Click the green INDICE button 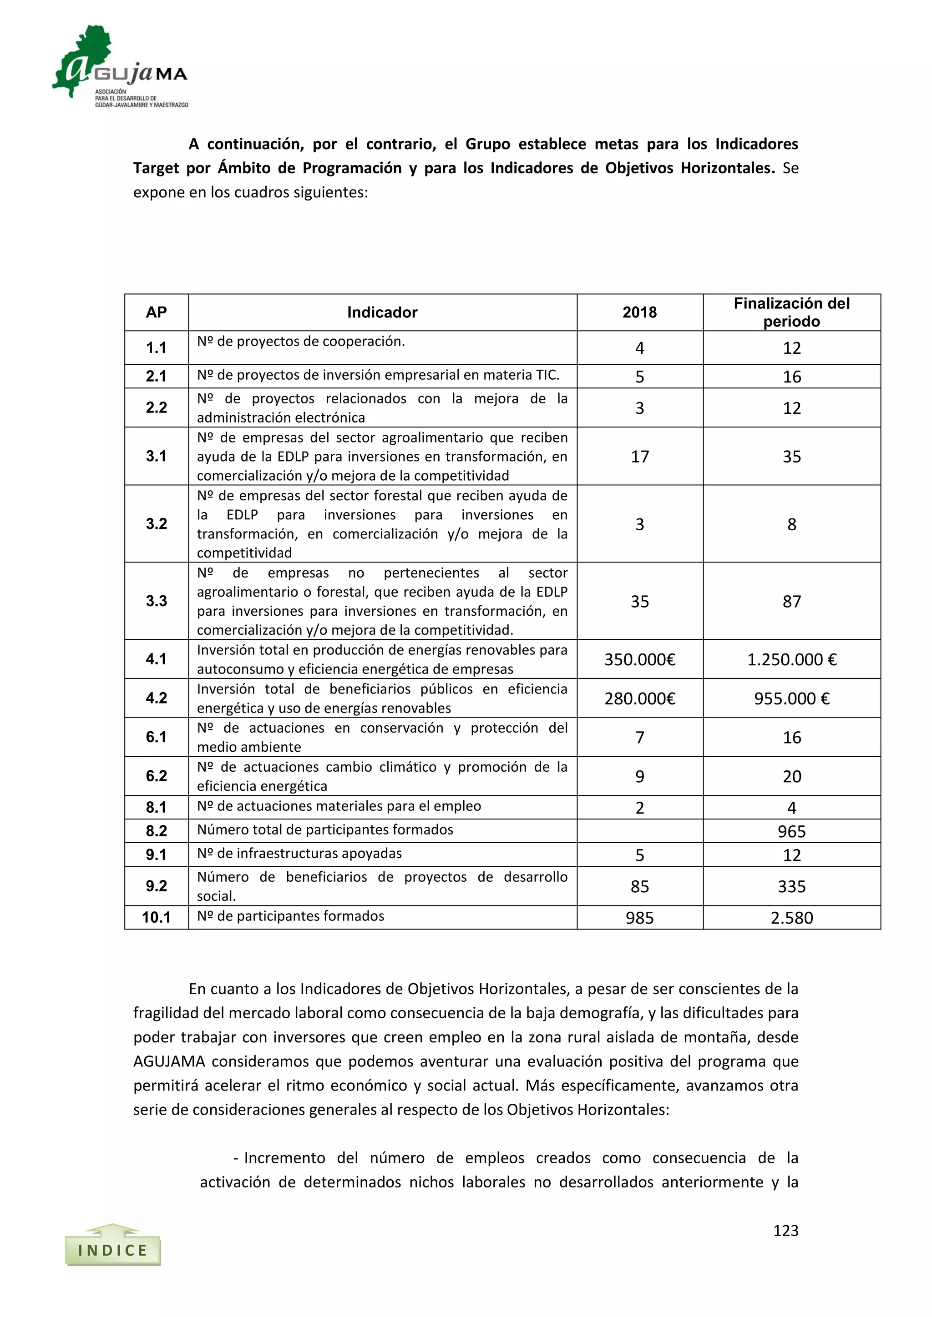(x=112, y=1249)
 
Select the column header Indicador (x=382, y=312)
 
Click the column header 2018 (x=639, y=312)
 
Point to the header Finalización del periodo (x=791, y=312)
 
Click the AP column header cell (x=156, y=312)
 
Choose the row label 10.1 (x=156, y=917)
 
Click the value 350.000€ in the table (x=639, y=659)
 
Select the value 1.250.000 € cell (x=791, y=659)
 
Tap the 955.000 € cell (x=791, y=698)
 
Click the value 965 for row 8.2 (x=791, y=831)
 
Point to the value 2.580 (x=791, y=917)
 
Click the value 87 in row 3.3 (x=791, y=601)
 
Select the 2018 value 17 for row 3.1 (x=639, y=457)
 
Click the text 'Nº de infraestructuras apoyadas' (x=299, y=853)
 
